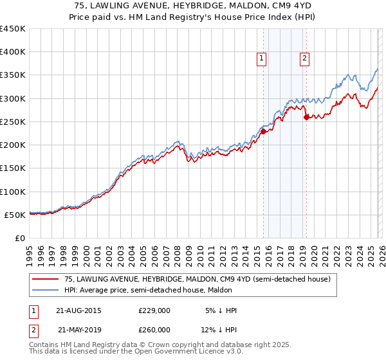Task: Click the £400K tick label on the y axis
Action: [13, 52]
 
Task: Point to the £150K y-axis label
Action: [13, 168]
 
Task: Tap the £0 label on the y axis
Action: [19, 238]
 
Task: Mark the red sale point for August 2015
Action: [263, 131]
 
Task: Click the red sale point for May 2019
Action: [306, 117]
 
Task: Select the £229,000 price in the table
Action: [154, 310]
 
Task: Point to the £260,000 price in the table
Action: [154, 330]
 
